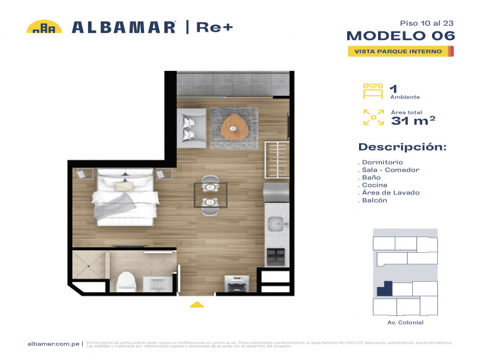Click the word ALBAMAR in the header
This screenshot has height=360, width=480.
point(124,27)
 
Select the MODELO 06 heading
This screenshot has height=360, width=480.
point(400,35)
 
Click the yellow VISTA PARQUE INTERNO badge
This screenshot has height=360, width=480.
point(400,51)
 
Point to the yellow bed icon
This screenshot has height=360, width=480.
point(373,91)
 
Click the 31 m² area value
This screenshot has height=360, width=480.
point(413,120)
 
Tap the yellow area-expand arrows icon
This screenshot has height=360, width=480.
point(373,117)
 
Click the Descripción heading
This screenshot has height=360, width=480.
point(402,146)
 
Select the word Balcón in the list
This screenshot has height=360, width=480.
point(375,200)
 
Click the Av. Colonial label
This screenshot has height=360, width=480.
point(405,323)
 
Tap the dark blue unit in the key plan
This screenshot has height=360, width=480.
point(384,288)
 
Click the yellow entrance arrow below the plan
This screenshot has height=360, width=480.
point(197,304)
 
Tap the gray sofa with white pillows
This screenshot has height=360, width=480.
point(192,124)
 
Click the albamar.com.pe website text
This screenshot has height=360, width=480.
point(54,344)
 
